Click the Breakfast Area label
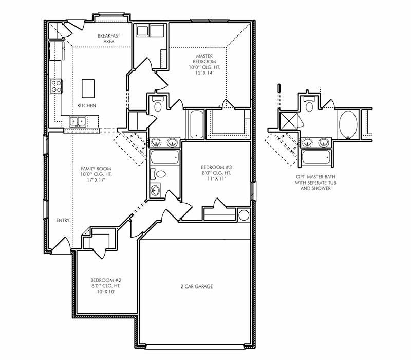click(x=108, y=39)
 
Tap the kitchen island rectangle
click(x=88, y=88)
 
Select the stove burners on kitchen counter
click(x=56, y=86)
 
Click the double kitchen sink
click(x=78, y=121)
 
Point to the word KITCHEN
click(x=86, y=105)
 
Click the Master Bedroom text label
click(x=205, y=64)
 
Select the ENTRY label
click(x=63, y=220)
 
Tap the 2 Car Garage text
click(x=196, y=286)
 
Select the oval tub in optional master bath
click(x=348, y=123)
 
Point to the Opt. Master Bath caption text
click(x=312, y=182)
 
